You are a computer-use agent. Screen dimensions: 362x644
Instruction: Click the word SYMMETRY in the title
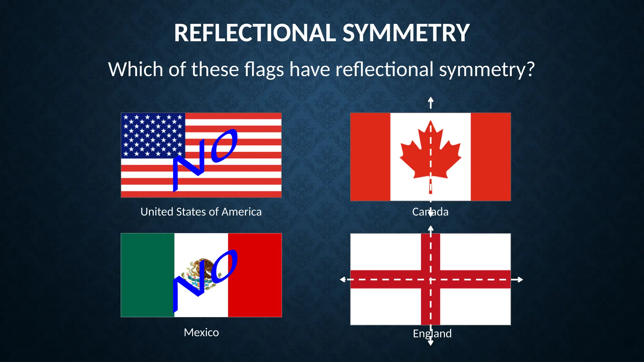click(406, 33)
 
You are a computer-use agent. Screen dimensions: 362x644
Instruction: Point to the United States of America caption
click(201, 212)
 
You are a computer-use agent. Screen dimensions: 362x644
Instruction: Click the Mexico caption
click(201, 332)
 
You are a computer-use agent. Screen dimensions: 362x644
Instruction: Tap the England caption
click(432, 333)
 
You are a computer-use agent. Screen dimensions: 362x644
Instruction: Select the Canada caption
click(430, 212)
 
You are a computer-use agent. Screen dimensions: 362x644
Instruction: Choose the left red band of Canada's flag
click(370, 157)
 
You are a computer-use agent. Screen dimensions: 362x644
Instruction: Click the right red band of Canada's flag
click(491, 157)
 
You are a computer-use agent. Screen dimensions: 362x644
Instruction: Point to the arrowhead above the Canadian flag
click(431, 100)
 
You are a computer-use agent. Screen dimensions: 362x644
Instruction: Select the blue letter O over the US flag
click(224, 146)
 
